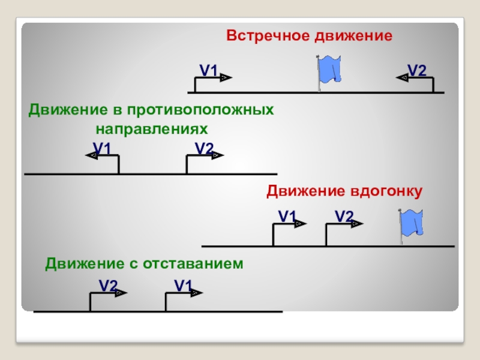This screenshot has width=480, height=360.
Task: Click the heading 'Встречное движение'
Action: [x=309, y=36]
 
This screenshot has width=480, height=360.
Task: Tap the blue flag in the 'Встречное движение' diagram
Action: [x=329, y=70]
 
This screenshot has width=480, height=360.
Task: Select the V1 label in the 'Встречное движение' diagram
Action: [x=208, y=70]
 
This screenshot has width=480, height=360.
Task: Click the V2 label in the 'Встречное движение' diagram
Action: [x=416, y=70]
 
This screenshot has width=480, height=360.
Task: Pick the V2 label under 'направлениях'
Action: [x=204, y=148]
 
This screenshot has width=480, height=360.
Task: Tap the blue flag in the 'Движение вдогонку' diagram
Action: [x=412, y=223]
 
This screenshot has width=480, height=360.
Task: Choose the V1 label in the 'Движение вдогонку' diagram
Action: [x=287, y=215]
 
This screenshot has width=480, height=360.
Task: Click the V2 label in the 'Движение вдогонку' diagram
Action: [x=344, y=215]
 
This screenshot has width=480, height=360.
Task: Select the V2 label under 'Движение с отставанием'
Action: [x=108, y=285]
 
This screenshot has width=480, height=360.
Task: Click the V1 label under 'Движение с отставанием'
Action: [x=183, y=285]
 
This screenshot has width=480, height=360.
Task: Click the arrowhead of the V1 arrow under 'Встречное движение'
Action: [x=225, y=77]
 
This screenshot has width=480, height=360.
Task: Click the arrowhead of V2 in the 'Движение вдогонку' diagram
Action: [x=358, y=224]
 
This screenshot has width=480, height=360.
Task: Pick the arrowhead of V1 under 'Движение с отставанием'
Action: [x=197, y=293]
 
